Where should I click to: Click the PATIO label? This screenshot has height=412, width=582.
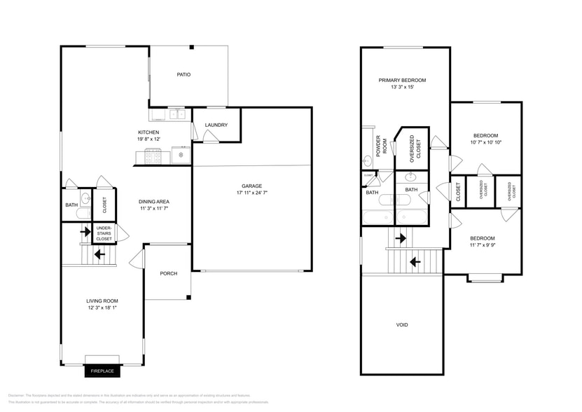(183, 74)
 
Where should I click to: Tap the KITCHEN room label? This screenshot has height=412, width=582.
(148, 132)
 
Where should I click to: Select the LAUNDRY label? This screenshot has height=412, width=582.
(216, 125)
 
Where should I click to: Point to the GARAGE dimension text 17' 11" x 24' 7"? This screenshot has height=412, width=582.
(252, 193)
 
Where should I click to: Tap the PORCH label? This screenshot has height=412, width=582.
(168, 273)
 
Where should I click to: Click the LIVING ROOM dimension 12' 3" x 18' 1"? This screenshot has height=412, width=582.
(102, 308)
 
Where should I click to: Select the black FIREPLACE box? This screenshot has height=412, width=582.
(102, 371)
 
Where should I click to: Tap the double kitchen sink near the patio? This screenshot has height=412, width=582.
(176, 114)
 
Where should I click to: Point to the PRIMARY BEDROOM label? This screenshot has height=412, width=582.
(402, 81)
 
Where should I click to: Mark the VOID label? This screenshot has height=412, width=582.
(402, 324)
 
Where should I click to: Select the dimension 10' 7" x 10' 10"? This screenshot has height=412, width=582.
(486, 142)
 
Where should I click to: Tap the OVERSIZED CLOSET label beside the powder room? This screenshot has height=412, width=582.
(415, 149)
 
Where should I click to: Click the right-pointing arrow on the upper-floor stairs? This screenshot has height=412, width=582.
(401, 238)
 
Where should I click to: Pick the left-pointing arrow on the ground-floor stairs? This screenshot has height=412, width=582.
(99, 254)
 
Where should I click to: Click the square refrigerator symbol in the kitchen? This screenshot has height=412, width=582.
(181, 155)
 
